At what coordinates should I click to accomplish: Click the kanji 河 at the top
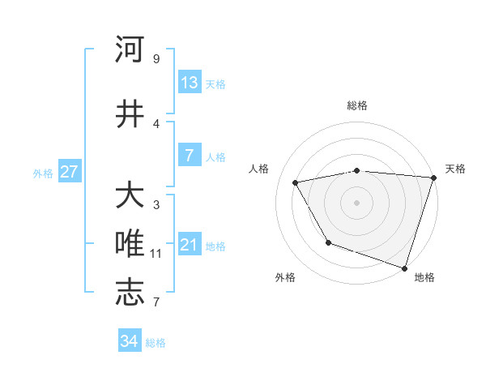click(130, 49)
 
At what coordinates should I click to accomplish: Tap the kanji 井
click(130, 113)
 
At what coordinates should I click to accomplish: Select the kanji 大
click(130, 196)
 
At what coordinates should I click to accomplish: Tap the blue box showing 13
click(189, 82)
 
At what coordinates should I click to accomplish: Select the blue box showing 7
click(189, 155)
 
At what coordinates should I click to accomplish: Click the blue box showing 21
click(189, 244)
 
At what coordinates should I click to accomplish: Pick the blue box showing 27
click(70, 172)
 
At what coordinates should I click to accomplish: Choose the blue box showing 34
click(130, 341)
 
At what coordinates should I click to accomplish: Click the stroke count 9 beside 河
click(156, 59)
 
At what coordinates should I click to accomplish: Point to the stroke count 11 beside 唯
click(156, 254)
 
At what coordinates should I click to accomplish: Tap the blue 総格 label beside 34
click(156, 343)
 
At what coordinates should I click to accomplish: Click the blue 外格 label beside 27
click(43, 173)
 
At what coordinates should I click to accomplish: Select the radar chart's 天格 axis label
click(455, 169)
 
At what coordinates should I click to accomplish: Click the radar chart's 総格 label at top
click(357, 105)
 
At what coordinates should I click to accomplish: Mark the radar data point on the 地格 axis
click(404, 267)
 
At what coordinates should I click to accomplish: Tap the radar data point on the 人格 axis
click(296, 183)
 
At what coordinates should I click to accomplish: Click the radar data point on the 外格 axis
click(328, 242)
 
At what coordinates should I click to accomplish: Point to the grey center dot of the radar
click(357, 202)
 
